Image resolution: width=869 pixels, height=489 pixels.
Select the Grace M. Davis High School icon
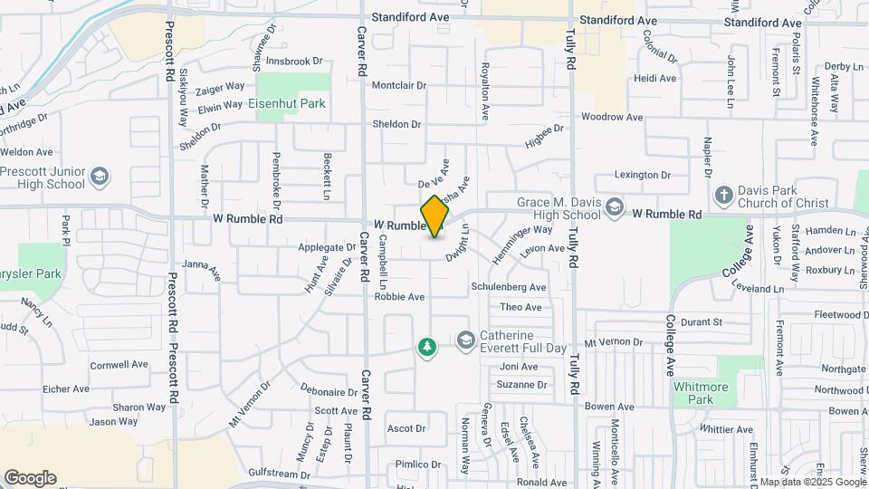tap(615, 207)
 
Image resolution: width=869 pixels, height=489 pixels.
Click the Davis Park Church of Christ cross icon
tap(723, 195)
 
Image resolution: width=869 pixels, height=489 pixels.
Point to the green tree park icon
tap(426, 347)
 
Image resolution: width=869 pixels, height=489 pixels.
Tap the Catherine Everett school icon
tap(466, 340)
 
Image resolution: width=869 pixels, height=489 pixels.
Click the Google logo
tap(30, 478)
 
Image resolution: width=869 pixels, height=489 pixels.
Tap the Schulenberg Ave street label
tap(509, 287)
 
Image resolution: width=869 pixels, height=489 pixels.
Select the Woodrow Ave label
tap(611, 118)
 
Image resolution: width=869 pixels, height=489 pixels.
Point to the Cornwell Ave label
tap(119, 365)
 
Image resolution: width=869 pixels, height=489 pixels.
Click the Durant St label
tap(702, 321)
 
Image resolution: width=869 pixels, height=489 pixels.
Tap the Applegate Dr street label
tap(327, 247)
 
